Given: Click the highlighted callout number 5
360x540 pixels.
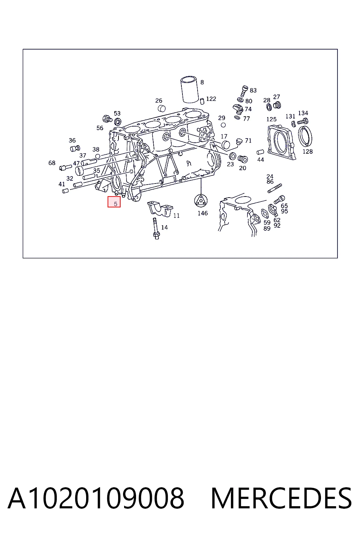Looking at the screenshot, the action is coord(115,204).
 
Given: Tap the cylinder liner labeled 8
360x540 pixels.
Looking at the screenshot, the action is coord(189,89).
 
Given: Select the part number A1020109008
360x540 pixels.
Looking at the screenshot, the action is coord(96,498).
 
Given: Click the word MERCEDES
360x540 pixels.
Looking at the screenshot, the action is coord(281,498).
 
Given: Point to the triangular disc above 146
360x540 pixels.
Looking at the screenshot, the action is coord(201,201).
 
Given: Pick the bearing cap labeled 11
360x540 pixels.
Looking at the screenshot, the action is coord(160,208).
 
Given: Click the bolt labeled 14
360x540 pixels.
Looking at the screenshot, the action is coord(156,228).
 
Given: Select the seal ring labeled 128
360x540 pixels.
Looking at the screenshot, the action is coord(306,136).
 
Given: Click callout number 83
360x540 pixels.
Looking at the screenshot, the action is coord(253,90).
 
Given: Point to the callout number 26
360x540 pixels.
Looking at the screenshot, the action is coord(159,101).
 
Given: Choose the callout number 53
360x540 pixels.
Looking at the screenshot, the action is coord(117,113).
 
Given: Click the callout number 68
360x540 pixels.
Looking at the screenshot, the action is coord(52,163).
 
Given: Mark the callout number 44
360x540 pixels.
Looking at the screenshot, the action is coord(261,160).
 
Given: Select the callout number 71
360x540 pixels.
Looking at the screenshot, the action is coord(248,141).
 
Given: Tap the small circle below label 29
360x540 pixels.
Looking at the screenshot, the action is coord(223,125).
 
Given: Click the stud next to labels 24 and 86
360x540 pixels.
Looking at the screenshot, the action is coord(275,188).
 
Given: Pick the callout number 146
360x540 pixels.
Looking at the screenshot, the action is coord(202,213).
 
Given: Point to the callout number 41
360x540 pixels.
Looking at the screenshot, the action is coord(62,184).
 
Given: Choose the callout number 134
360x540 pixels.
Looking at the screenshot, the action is coord(303,113).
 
